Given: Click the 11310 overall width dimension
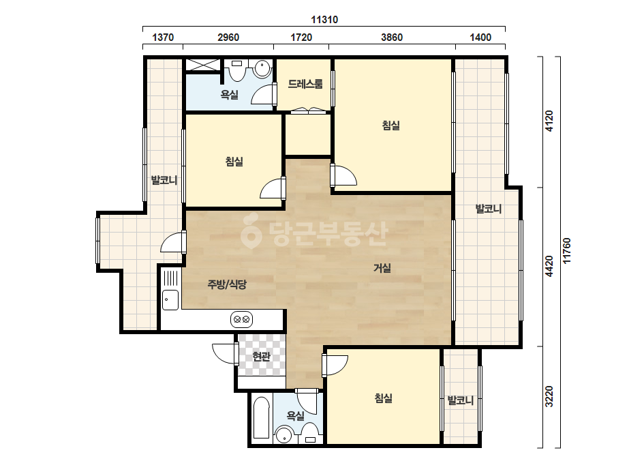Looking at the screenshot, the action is pos(324,20).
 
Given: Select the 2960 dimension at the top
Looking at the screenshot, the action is pos(228,38).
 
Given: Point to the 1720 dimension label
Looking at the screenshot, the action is pos(301,38).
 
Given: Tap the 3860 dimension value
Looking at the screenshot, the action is pos(392,38).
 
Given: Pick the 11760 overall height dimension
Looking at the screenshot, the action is pos(566,251).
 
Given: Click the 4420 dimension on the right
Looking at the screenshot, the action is pos(549,266).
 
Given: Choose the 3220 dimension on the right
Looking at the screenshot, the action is pos(549,396).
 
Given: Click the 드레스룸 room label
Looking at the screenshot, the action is pos(305,84).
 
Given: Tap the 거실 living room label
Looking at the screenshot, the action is pos(382,268).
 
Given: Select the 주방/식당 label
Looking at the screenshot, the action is pos(227,284).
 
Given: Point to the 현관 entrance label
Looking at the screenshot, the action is pos(262,356).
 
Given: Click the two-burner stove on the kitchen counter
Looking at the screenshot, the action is pos(241,320).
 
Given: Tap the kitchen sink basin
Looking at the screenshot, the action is pos(170,299).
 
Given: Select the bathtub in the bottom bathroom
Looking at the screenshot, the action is pos(262,419).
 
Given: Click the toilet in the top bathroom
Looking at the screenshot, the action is pos(236,71).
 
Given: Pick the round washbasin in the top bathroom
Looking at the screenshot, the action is pos(263,68).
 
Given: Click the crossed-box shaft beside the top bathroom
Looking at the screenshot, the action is pos(202,65).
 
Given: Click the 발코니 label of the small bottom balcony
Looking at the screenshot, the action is pos(461,400).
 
